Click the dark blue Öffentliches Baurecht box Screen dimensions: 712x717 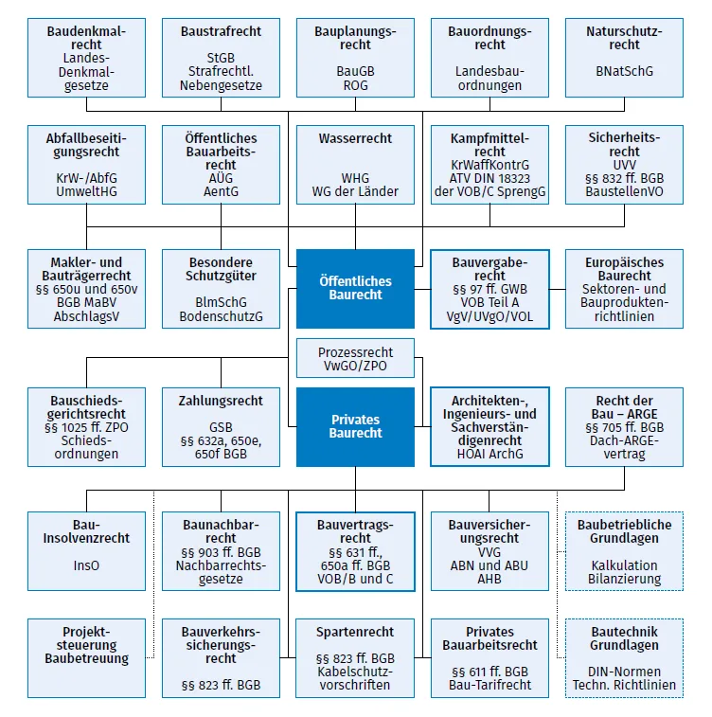pos(355,289)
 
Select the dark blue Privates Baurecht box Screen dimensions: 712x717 pos(355,426)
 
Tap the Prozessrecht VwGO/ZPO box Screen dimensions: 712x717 pos(355,358)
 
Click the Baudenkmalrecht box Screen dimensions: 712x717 pos(86,58)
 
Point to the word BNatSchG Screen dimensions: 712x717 pos(624,71)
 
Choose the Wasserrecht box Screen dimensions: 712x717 pos(355,165)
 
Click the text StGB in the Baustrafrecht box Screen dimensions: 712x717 pos(221,58)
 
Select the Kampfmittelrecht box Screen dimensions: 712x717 pos(489,165)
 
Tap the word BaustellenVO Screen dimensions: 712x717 pos(624,191)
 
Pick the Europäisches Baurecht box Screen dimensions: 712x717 pos(624,289)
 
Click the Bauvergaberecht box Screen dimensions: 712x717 pos(489,289)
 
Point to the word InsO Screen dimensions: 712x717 pos(86,565)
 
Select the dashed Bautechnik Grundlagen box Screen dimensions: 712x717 pos(624,658)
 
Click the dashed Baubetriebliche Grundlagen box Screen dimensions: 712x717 pos(624,551)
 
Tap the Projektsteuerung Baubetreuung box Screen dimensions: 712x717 pos(86,658)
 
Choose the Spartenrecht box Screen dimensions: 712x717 pos(355,658)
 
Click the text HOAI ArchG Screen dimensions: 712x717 pos(489,454)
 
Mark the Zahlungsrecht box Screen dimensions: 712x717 pos(221,426)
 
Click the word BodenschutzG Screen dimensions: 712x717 pos(221,316)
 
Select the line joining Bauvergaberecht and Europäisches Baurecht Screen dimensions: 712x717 pos(557,289)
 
